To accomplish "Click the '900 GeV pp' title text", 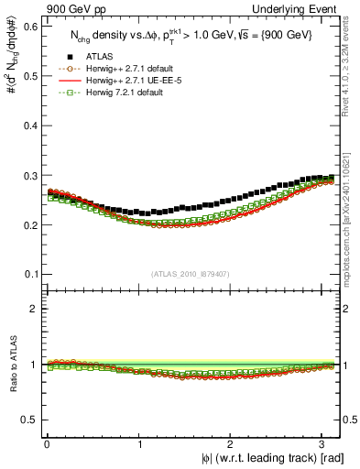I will click(76, 8).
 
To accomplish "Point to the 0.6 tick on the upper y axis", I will click(30, 27).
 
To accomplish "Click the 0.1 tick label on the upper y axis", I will click(30, 274).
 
